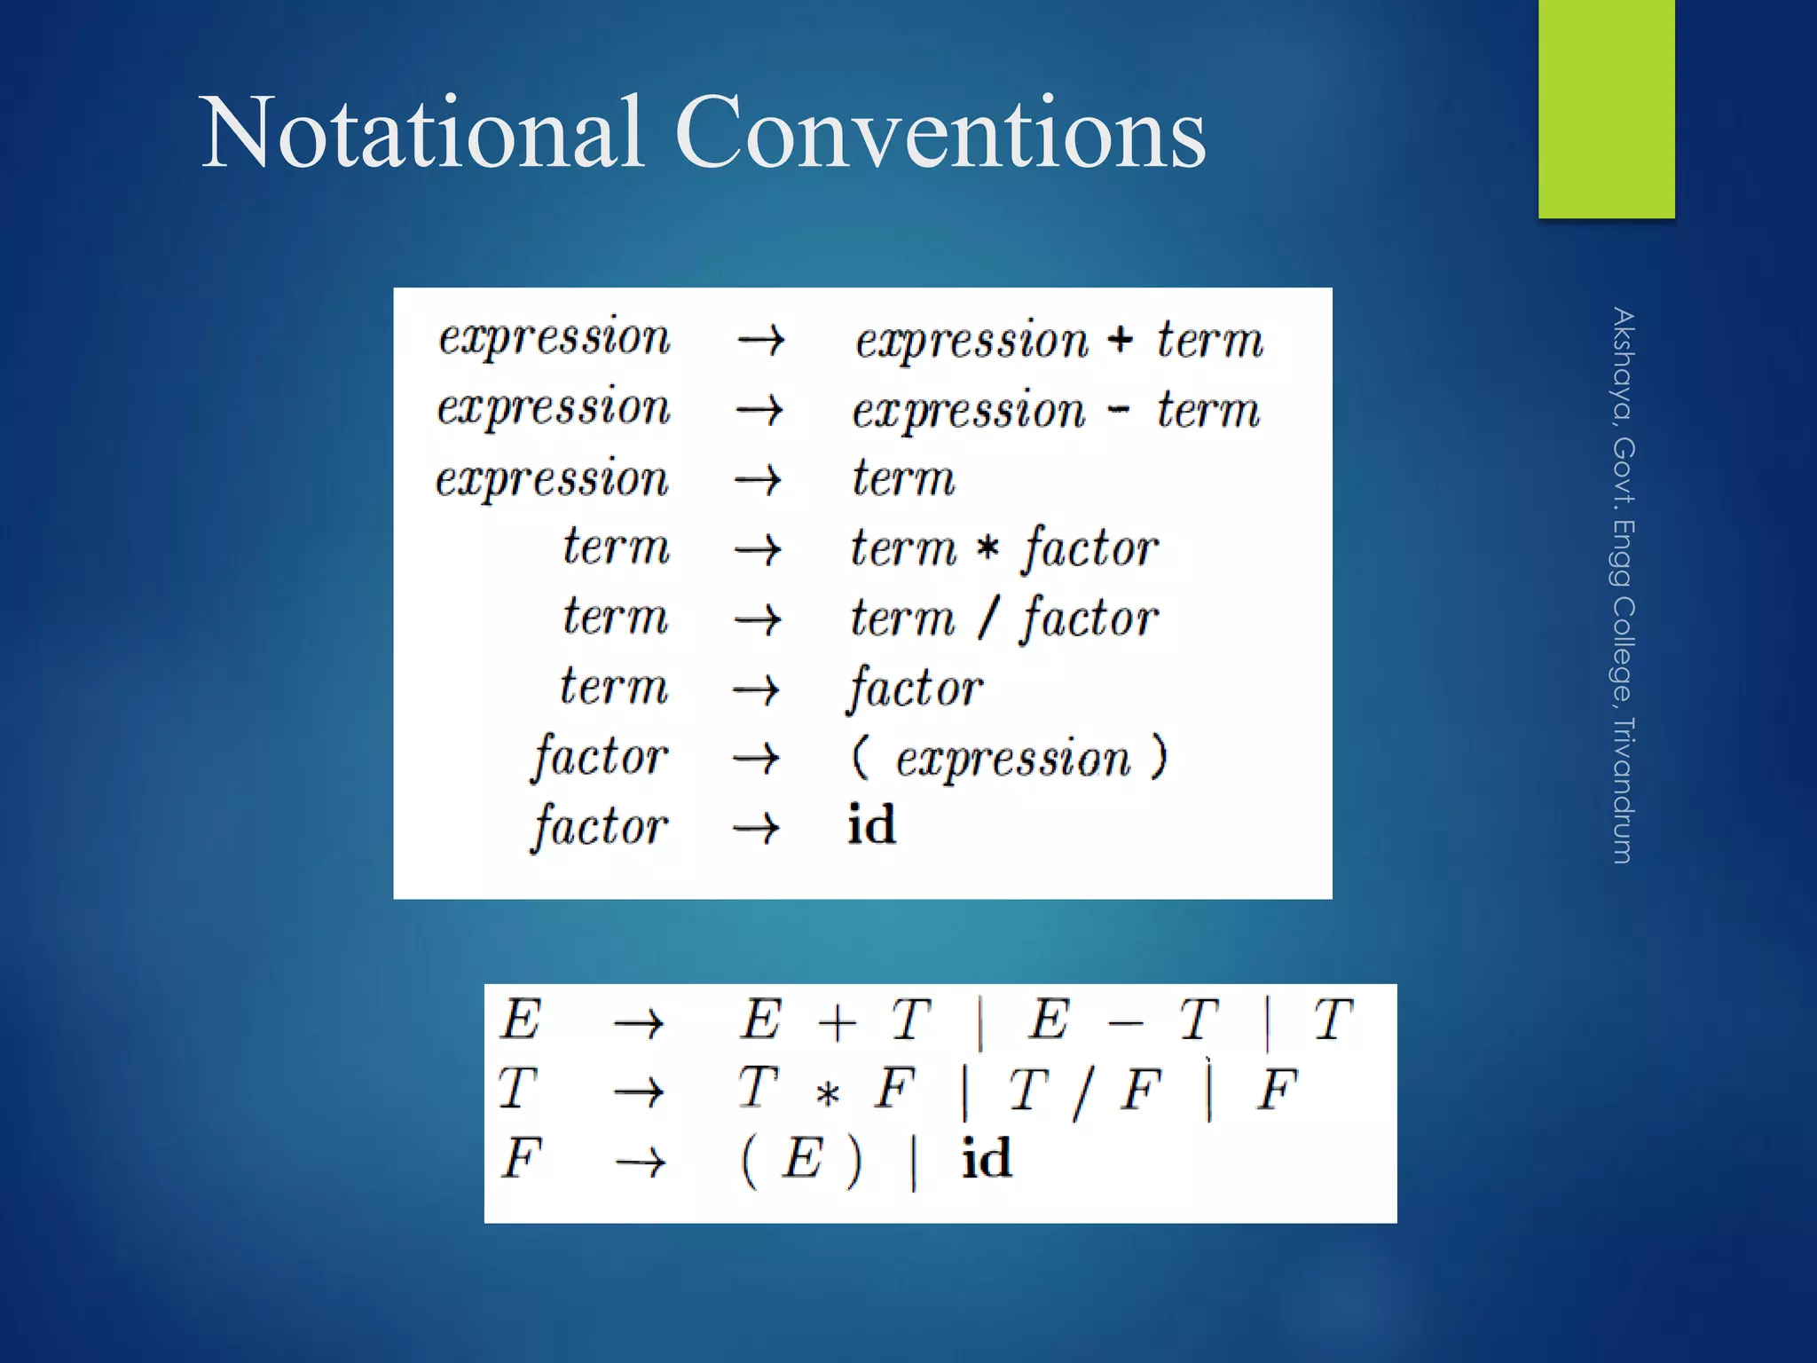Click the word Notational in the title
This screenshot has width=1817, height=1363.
pyautogui.click(x=422, y=133)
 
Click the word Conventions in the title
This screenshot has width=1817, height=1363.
pyautogui.click(x=940, y=133)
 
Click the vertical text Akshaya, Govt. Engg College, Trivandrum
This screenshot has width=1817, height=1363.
pyautogui.click(x=1623, y=586)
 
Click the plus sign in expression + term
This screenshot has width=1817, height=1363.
pyautogui.click(x=1121, y=339)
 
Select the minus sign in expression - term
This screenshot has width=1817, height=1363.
pyautogui.click(x=1120, y=410)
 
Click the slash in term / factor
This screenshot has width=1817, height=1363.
pyautogui.click(x=988, y=618)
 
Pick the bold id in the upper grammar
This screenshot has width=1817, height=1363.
pyautogui.click(x=871, y=824)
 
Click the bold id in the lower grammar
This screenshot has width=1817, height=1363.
pyautogui.click(x=987, y=1158)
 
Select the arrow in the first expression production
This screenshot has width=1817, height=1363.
pyautogui.click(x=760, y=339)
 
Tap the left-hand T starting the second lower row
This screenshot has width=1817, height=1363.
pyautogui.click(x=517, y=1089)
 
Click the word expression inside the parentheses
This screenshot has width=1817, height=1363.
pyautogui.click(x=1012, y=760)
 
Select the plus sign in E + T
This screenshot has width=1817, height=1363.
pyautogui.click(x=837, y=1022)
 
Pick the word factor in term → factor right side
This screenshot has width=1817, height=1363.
pyautogui.click(x=915, y=689)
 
